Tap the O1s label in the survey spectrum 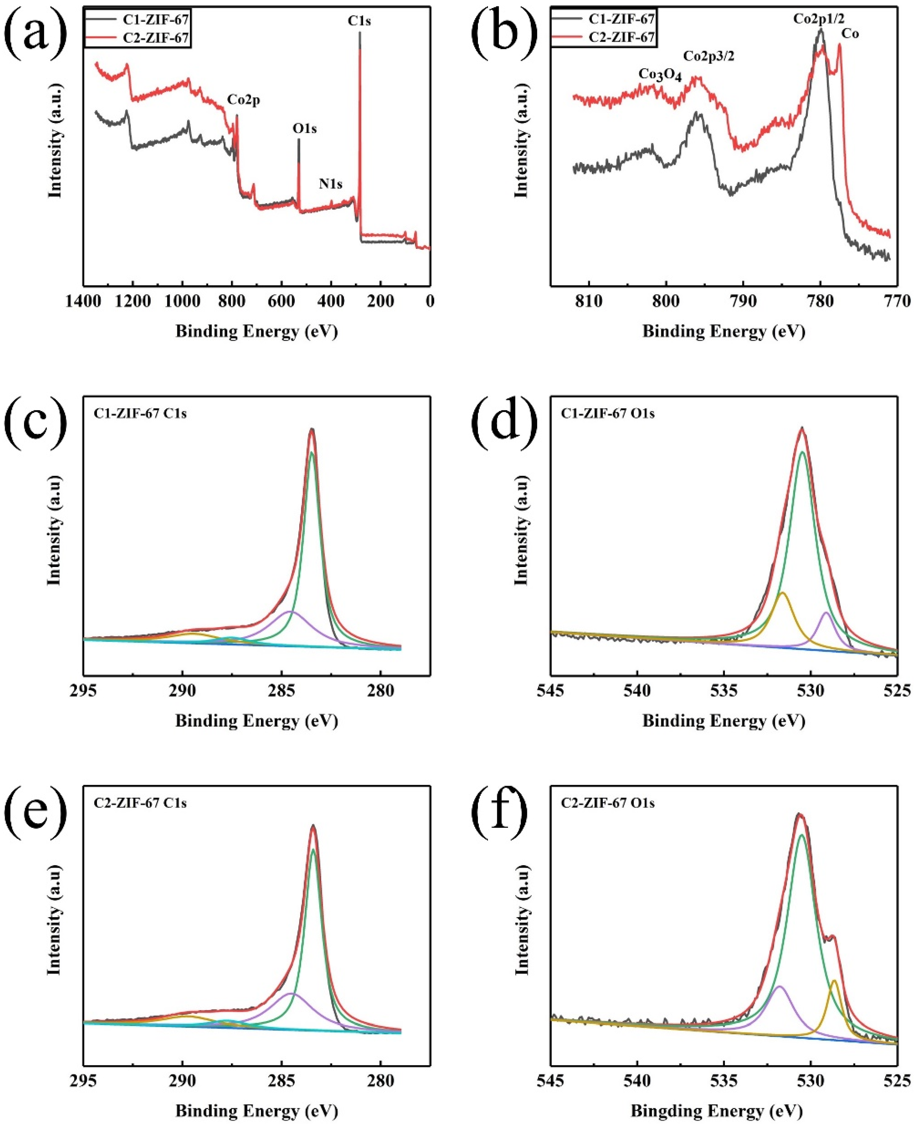(305, 128)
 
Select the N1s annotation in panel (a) (331, 184)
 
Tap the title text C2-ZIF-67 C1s (140, 803)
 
